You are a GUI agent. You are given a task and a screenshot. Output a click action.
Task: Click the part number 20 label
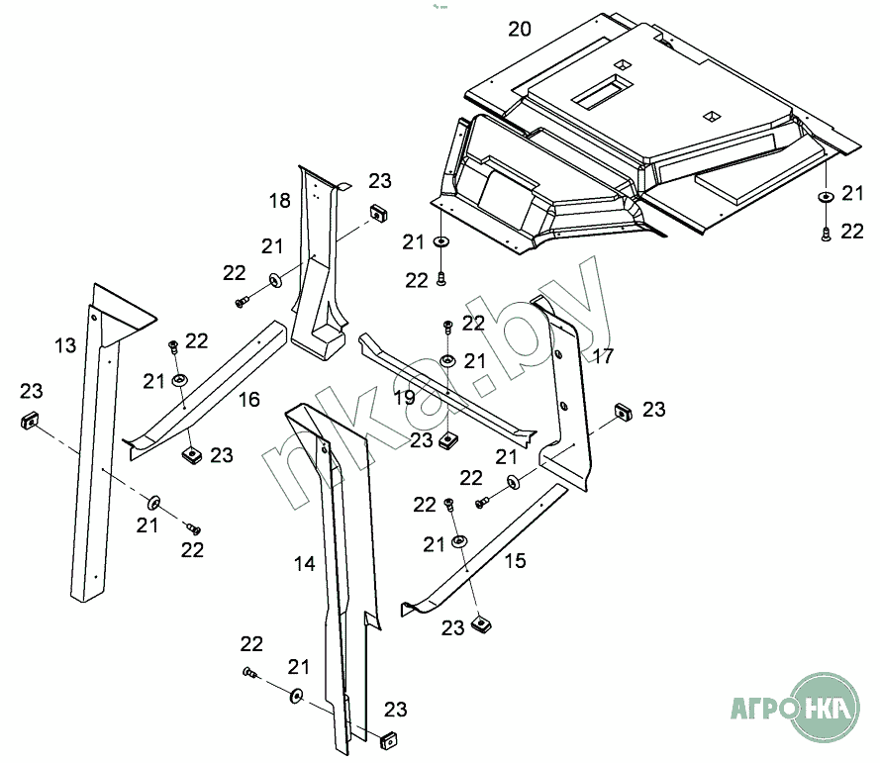[520, 29]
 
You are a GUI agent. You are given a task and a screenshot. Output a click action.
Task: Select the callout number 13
[64, 345]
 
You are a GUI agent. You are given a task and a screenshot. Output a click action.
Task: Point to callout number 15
[515, 561]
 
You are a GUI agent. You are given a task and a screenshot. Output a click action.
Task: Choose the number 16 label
[248, 399]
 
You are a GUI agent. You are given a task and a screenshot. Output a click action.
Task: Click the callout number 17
[603, 355]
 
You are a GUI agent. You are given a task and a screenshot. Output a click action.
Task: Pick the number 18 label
[280, 201]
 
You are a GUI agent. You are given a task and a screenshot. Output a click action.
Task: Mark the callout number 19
[404, 398]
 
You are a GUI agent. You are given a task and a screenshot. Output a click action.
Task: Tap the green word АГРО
[762, 710]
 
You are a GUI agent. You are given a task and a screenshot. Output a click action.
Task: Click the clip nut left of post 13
[30, 421]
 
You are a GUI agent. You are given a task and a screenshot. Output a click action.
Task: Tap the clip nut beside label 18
[377, 211]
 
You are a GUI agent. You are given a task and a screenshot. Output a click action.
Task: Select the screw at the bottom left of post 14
[248, 674]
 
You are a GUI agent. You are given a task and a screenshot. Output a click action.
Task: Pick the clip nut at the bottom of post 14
[390, 738]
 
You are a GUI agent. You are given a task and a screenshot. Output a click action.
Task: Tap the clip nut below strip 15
[482, 623]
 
